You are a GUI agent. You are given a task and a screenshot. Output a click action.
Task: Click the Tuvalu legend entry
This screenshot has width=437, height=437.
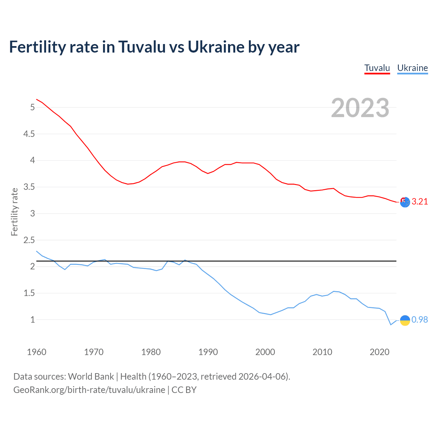coord(377,68)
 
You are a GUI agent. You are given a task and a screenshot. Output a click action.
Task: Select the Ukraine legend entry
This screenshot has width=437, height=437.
coord(412,68)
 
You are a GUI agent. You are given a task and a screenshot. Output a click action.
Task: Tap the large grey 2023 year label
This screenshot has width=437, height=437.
coord(360,108)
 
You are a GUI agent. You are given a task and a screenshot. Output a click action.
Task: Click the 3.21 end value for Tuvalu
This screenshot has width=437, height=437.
coord(420,201)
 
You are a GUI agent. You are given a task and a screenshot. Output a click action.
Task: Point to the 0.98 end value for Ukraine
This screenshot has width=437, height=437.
coord(420,320)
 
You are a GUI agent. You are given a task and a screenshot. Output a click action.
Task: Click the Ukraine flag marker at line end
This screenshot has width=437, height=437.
coord(405,320)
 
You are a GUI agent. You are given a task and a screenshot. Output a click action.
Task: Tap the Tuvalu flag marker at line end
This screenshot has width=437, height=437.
coord(405,202)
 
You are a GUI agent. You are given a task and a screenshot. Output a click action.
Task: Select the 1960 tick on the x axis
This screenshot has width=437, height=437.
coord(37,352)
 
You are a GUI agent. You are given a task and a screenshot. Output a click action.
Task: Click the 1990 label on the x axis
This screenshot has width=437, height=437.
coord(208,352)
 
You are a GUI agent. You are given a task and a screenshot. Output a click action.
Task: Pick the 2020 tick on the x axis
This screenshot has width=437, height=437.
coord(379,352)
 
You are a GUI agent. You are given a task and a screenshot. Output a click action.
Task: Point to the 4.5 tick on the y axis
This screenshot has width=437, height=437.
coord(29,134)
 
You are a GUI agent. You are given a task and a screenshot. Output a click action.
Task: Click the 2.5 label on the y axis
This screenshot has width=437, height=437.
coord(29,240)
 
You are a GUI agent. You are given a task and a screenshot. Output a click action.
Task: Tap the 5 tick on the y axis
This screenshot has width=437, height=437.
coord(32,107)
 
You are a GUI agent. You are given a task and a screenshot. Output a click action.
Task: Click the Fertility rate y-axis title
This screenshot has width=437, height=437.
coord(14,212)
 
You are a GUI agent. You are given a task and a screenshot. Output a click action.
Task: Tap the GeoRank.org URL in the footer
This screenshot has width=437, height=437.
coord(89,390)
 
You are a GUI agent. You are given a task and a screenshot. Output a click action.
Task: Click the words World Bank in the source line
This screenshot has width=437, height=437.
coord(91,376)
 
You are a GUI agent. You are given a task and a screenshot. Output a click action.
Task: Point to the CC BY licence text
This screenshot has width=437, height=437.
coord(184,390)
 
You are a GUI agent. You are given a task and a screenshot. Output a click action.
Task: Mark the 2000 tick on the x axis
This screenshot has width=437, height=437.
coord(265,352)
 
